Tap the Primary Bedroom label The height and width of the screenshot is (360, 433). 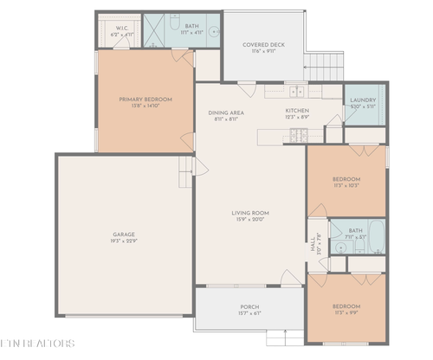click(x=145, y=100)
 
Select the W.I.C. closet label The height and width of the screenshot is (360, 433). click(x=122, y=27)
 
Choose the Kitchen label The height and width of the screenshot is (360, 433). click(x=297, y=111)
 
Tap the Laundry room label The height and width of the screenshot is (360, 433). click(x=363, y=100)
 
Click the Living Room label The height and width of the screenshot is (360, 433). click(x=250, y=213)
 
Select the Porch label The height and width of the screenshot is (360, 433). click(x=249, y=307)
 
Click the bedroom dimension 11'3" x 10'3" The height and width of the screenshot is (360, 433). click(x=346, y=185)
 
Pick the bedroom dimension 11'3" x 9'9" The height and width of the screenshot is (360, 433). click(x=346, y=312)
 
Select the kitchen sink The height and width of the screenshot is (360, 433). click(x=295, y=90)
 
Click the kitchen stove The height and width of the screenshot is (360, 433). click(x=299, y=134)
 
